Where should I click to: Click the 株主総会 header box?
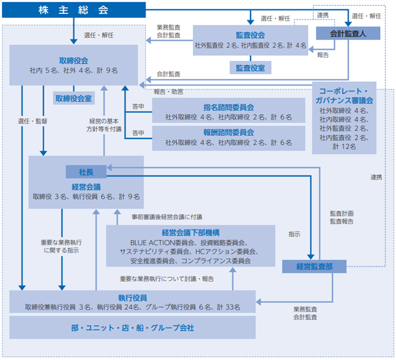[x=74, y=10]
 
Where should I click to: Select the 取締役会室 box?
[x=74, y=98]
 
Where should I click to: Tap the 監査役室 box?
[x=250, y=68]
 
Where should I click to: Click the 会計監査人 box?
[x=348, y=33]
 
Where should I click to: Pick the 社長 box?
[x=86, y=172]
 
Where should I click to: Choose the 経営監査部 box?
[x=314, y=267]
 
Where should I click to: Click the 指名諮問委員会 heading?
[x=229, y=107]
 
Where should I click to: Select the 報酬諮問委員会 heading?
[x=229, y=132]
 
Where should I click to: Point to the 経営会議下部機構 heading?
[x=190, y=233]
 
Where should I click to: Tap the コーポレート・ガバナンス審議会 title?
[x=344, y=96]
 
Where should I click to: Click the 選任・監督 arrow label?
[x=33, y=121]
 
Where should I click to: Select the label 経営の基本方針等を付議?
[x=104, y=125]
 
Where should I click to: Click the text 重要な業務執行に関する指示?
[x=61, y=246]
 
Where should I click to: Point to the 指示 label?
[x=295, y=234]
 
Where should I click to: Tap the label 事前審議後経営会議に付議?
[x=167, y=217]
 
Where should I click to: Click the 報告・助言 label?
[x=169, y=92]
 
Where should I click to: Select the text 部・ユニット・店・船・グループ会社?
[x=133, y=328]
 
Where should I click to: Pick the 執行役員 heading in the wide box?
[x=133, y=298]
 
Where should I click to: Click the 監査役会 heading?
[x=250, y=35]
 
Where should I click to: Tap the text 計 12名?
[x=344, y=147]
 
